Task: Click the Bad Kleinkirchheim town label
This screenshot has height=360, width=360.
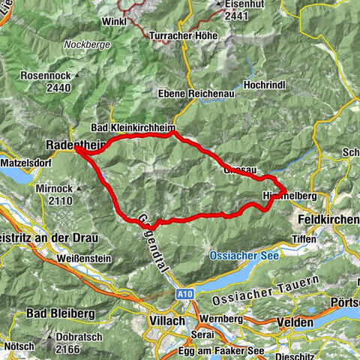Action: (x=131, y=127)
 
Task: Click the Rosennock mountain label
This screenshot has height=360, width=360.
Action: (x=47, y=76)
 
